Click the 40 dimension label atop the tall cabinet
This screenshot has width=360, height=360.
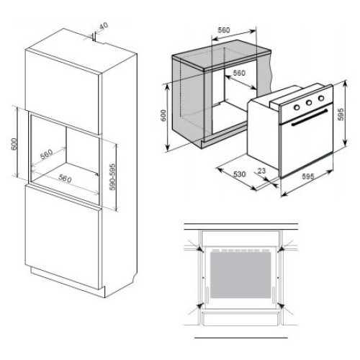click(104, 25)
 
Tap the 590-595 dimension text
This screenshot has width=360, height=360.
click(112, 177)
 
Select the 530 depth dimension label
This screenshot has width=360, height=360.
click(239, 174)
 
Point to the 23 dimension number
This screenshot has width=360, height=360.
click(261, 171)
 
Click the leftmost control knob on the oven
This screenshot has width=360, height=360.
click(297, 107)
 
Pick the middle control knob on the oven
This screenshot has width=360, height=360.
click(309, 103)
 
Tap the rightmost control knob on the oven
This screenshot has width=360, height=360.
click(321, 98)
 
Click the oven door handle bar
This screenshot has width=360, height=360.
click(310, 117)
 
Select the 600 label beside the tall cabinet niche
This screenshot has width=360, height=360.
click(14, 144)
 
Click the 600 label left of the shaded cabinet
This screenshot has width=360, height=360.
click(163, 115)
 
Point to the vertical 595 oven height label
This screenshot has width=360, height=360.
click(341, 114)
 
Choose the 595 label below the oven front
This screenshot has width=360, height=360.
click(307, 176)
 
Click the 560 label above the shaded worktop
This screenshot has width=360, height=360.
click(224, 30)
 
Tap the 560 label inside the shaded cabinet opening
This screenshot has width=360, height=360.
click(239, 73)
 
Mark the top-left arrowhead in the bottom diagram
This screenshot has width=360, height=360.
click(199, 249)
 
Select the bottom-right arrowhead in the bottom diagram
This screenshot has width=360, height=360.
click(281, 306)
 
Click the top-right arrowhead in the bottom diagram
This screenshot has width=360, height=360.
click(281, 249)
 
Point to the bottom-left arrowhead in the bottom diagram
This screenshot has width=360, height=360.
click(199, 306)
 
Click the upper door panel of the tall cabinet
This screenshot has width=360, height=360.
click(62, 92)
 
